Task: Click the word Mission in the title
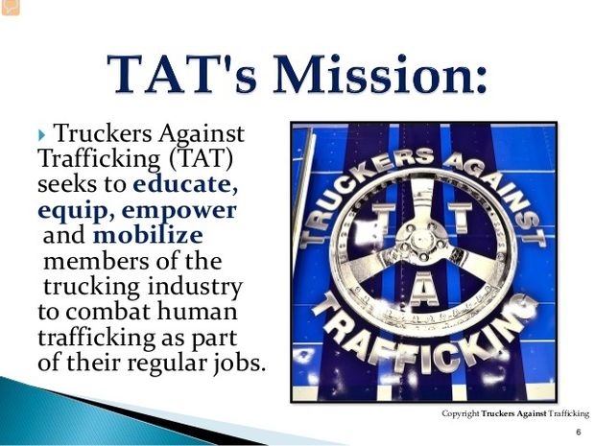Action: pyautogui.click(x=380, y=74)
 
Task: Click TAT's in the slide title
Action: pyautogui.click(x=181, y=74)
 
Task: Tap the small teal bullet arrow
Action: pyautogui.click(x=41, y=134)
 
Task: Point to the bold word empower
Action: pyautogui.click(x=178, y=211)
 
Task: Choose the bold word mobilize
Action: pyautogui.click(x=148, y=235)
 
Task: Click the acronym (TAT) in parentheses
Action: pyautogui.click(x=202, y=158)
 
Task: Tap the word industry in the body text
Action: pyautogui.click(x=194, y=287)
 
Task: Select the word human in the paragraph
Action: pyautogui.click(x=197, y=312)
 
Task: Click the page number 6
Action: pyautogui.click(x=579, y=432)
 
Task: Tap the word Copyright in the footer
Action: pyautogui.click(x=461, y=413)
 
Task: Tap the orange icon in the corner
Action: pyautogui.click(x=11, y=8)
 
